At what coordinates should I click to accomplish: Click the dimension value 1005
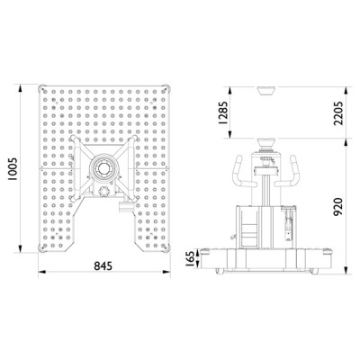click(x=13, y=169)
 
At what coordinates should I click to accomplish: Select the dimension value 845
click(x=103, y=265)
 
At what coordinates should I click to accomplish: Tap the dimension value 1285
click(x=223, y=112)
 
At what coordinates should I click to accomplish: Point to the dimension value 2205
click(x=338, y=112)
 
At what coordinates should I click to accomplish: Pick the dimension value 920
click(x=338, y=207)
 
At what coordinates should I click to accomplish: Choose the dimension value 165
click(x=190, y=259)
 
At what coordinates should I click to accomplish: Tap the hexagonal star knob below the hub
click(x=103, y=191)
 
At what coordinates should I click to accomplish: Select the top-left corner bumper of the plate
click(x=41, y=88)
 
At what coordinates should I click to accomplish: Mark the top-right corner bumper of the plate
click(x=166, y=88)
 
